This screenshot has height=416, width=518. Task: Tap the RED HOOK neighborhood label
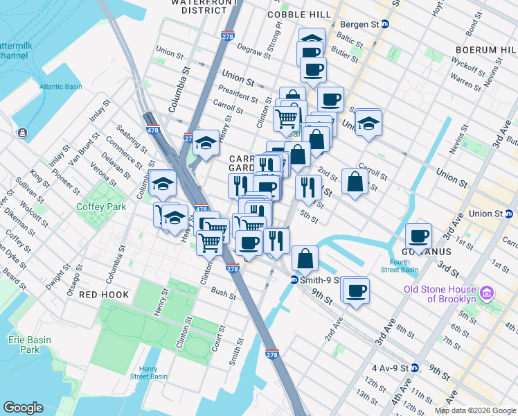104,295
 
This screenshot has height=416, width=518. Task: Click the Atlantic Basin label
60,87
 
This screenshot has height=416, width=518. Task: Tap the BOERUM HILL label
485,50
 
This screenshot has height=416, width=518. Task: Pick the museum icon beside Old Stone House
487,293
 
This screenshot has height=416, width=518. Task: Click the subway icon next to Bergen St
386,24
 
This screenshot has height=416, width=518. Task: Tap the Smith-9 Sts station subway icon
294,280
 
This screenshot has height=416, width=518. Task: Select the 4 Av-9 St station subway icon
415,367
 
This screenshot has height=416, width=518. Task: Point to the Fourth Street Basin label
399,266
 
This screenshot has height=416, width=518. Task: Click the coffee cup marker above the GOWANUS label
418,235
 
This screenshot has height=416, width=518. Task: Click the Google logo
23,408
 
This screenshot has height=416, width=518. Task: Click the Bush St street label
224,295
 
